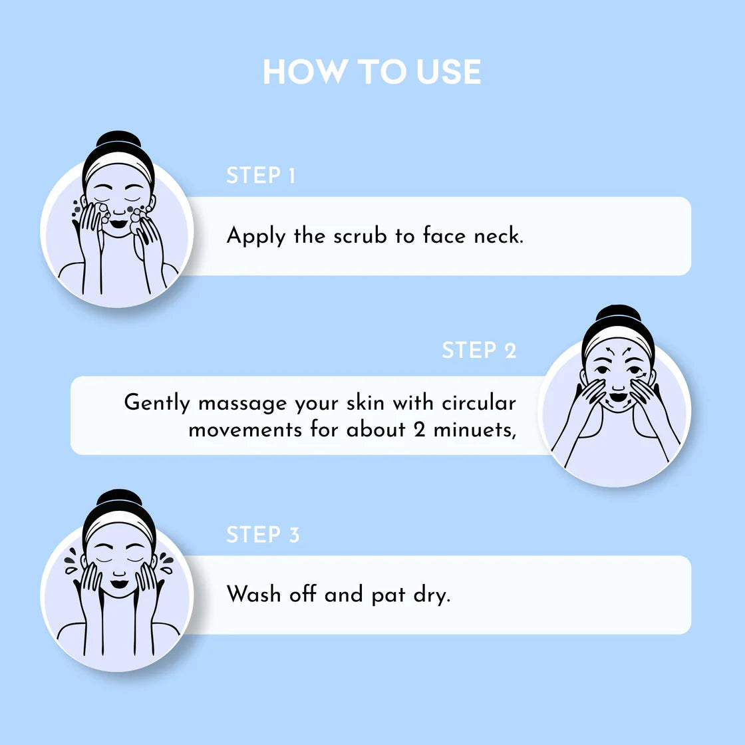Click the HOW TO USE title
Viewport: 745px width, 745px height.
[x=372, y=72]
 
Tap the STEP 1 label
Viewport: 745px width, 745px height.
[x=261, y=176]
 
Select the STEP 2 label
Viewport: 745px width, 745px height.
[x=479, y=350]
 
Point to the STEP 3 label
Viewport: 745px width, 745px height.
[x=263, y=535]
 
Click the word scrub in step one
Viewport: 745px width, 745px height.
[x=360, y=235]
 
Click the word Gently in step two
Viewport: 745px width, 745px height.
[x=157, y=403]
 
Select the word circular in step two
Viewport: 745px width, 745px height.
[x=478, y=403]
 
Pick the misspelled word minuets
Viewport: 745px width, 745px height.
[x=475, y=430]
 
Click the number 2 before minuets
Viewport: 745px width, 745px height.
[x=419, y=430]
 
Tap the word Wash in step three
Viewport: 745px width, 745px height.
[x=253, y=594]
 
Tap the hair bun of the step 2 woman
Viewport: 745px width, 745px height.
[x=618, y=315]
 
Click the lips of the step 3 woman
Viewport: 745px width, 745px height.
[x=119, y=583]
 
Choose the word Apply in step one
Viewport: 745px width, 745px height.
[x=256, y=236]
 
